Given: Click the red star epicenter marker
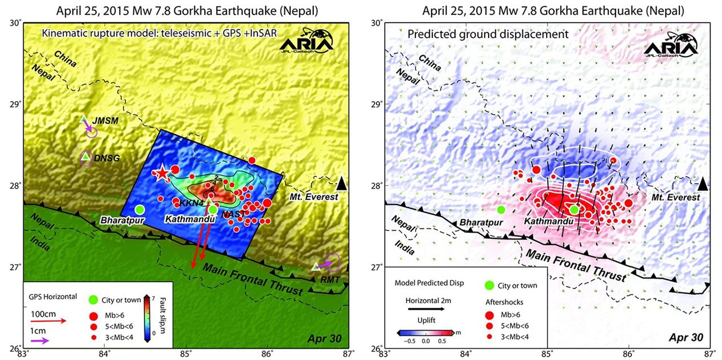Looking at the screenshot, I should click(x=162, y=173).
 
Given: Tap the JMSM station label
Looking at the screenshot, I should click(x=105, y=121).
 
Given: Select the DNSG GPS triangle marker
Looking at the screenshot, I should click(x=85, y=157).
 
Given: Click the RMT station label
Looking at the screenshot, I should click(x=330, y=279).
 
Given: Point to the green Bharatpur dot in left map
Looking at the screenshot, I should click(x=140, y=210).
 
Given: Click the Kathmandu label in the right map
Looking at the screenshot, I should click(x=548, y=221).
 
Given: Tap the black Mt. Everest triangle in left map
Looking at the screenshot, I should click(x=341, y=184).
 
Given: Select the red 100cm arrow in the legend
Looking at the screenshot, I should click(x=48, y=321).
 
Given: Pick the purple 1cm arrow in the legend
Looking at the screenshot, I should click(x=39, y=341).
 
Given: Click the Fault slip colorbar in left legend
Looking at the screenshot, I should click(x=148, y=319).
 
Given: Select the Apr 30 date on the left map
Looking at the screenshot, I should click(x=324, y=338).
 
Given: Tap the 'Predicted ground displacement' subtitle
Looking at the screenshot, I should click(x=488, y=34).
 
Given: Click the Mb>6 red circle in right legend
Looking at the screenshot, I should click(x=489, y=315).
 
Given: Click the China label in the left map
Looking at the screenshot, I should click(x=65, y=59).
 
